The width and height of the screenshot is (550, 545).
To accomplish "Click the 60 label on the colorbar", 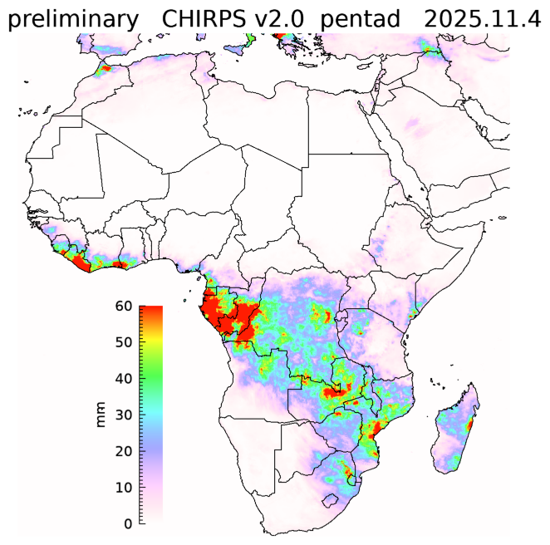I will (x=125, y=306).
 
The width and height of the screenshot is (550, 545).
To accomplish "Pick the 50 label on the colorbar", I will (x=125, y=342).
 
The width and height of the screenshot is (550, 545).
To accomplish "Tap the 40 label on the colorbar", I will (x=125, y=379).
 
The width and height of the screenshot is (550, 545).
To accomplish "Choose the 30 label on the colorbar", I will (x=125, y=415).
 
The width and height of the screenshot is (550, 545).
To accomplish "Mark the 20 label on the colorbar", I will (x=125, y=451).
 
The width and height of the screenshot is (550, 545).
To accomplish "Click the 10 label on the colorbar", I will (x=125, y=488).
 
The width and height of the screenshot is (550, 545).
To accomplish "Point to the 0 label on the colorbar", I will (x=129, y=523).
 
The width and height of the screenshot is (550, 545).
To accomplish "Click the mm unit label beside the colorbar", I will (x=101, y=415).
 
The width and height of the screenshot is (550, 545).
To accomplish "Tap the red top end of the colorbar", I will (x=150, y=312).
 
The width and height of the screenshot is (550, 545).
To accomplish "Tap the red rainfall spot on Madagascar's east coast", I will (x=470, y=425).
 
